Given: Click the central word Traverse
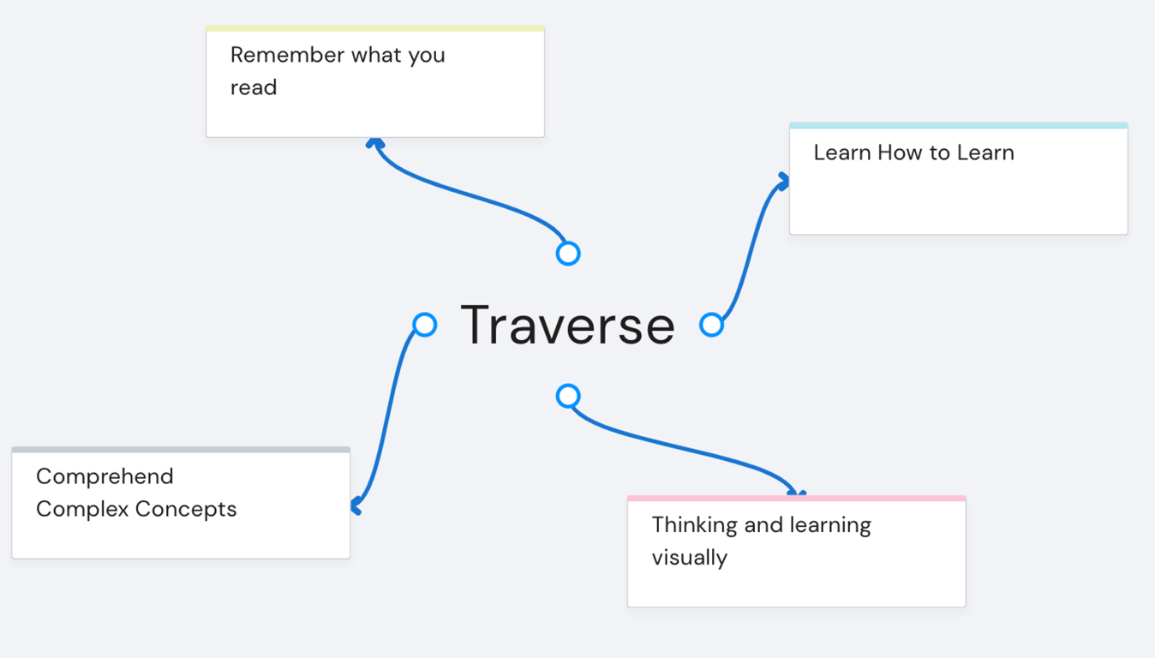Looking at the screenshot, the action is [568, 326].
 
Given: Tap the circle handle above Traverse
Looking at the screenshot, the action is [568, 254].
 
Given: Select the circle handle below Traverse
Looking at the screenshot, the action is [568, 396].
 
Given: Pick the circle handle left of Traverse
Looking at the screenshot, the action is [425, 325].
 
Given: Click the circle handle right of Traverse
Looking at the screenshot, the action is [711, 325].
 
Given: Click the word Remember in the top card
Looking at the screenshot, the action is [287, 55].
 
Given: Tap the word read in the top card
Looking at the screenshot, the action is [254, 87].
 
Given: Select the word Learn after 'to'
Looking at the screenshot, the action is [985, 153].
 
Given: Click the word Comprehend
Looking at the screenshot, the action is [105, 477].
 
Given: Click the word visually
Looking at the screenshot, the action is [690, 558].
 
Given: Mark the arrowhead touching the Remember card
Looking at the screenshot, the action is [375, 143].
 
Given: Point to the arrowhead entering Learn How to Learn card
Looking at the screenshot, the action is [784, 181].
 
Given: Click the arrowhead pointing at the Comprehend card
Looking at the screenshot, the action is [356, 505].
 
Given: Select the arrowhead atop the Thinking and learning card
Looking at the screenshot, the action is [797, 493].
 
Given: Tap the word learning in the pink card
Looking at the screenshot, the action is [830, 525].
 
